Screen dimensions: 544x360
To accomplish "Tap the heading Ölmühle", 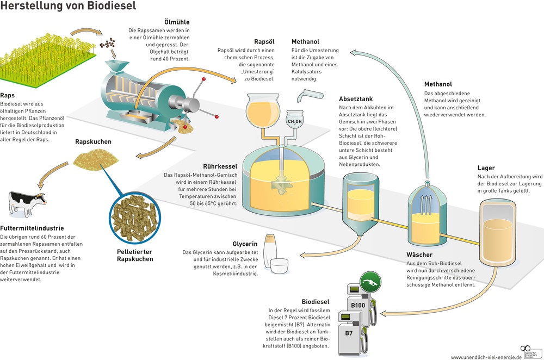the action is coord(177,22).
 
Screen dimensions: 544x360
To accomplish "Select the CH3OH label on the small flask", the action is coord(295,121).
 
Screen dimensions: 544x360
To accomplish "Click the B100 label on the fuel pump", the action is coord(358,305).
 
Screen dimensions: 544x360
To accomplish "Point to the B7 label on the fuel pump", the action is coord(349,333).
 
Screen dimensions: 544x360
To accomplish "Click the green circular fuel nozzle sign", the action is coord(370,282).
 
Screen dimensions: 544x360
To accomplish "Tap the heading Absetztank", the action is coord(356,99).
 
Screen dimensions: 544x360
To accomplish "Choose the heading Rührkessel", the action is coord(220,166).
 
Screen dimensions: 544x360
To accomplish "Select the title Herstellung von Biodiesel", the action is coord(68,5).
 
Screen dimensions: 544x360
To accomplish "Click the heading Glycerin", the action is coord(245,244).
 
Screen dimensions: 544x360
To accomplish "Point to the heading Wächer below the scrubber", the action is coord(419,255).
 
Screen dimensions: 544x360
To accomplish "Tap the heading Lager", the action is coord(486,168).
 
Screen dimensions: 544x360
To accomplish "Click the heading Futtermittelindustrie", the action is coord(32,228).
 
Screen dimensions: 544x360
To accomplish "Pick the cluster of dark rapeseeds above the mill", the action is coord(108,44).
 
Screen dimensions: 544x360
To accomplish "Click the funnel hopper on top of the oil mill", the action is coord(116,66).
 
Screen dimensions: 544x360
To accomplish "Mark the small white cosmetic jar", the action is coord(279,266).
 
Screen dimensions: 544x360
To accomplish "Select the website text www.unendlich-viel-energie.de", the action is coord(486,357).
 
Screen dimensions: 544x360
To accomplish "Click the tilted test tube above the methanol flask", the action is coord(310,95).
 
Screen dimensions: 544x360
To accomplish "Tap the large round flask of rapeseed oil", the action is coord(262,110).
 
